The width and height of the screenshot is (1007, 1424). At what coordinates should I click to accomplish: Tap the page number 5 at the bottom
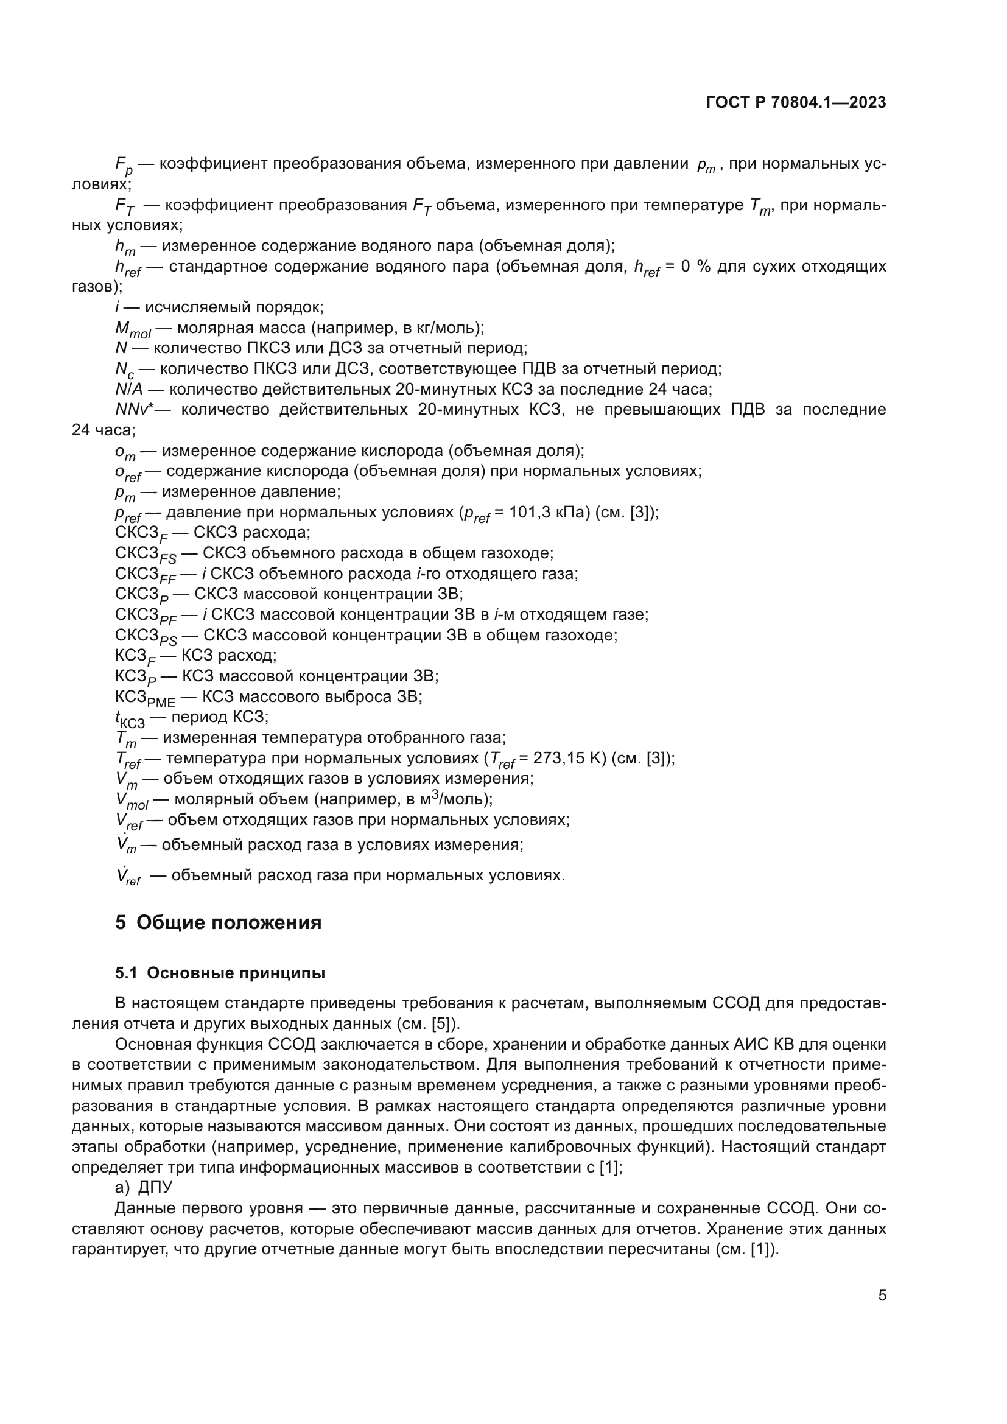click(x=882, y=1296)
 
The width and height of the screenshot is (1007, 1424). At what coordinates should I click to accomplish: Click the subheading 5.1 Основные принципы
click(x=220, y=973)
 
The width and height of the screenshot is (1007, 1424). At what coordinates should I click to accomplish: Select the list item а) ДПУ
click(x=144, y=1187)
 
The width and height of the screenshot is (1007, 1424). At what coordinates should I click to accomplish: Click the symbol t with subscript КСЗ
click(x=130, y=719)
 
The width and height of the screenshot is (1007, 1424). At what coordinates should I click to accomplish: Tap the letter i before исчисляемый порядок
click(x=118, y=307)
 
